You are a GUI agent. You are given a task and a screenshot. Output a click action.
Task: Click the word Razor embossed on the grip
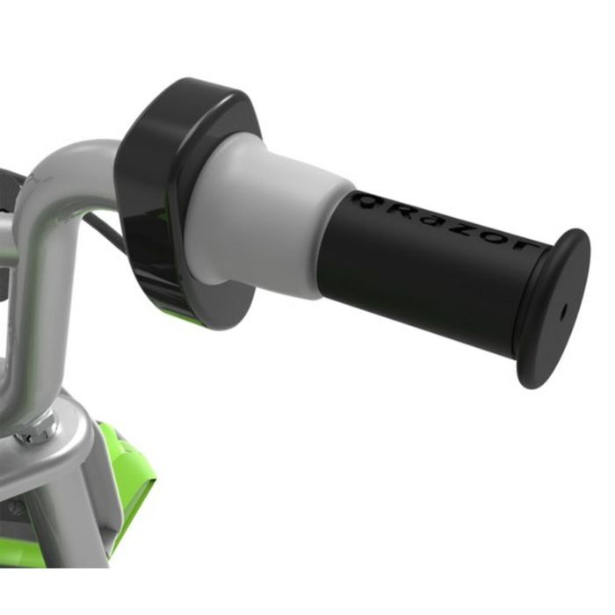(x=444, y=223)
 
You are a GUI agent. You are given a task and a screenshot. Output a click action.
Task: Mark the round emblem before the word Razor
(x=364, y=200)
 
